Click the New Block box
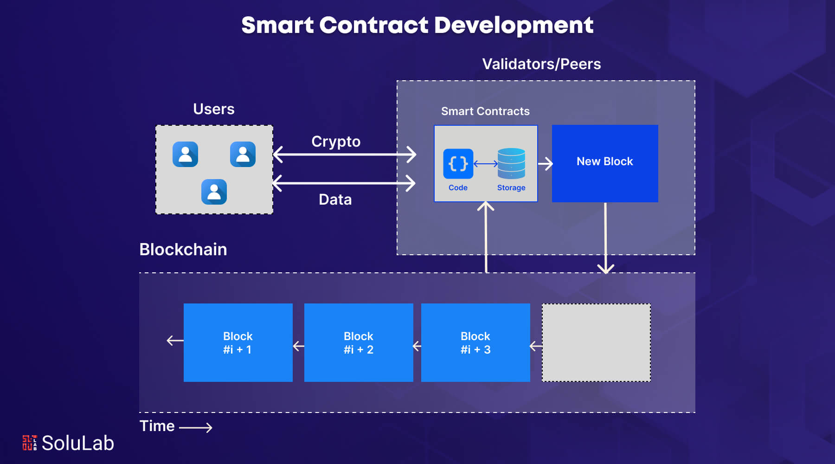pos(605,163)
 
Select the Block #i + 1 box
pos(238,342)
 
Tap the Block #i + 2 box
pos(359,342)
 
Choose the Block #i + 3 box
pos(475,342)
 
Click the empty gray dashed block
pos(596,342)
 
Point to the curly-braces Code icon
pos(458,163)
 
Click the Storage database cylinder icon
pos(511,163)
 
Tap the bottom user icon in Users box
pos(214,192)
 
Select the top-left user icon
pos(185,154)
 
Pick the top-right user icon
pos(243,154)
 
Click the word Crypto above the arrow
pos(336,142)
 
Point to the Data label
pos(335,200)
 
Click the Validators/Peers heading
pos(541,64)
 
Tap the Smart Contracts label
pos(485,111)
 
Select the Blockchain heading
pos(183,250)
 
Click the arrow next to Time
pos(196,427)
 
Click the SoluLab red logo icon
pos(30,443)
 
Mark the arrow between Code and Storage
pos(485,163)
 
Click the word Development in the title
pos(514,26)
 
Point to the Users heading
pos(214,109)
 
